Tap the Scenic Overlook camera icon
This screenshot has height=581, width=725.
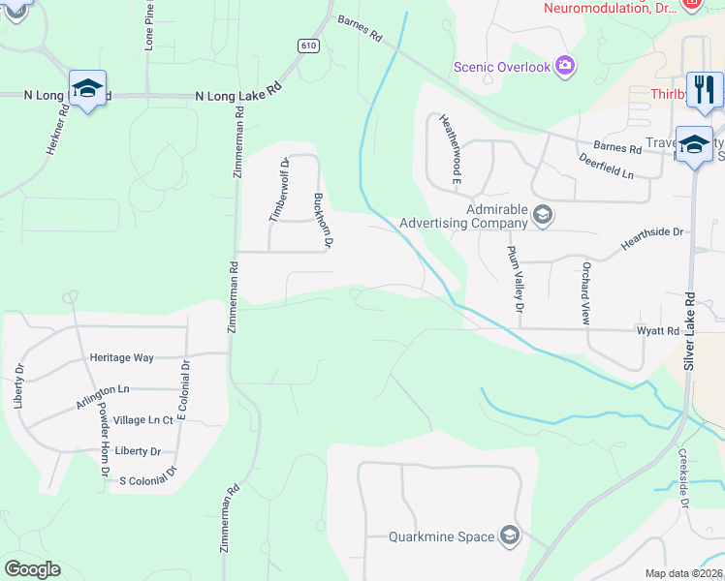565,67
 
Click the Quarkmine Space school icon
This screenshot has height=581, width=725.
510,536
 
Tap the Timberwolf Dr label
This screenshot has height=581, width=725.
278,190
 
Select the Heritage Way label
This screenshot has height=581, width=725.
121,358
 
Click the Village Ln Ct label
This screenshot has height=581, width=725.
142,420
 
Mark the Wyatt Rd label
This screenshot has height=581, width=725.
658,331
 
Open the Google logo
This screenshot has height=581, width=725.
32,569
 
